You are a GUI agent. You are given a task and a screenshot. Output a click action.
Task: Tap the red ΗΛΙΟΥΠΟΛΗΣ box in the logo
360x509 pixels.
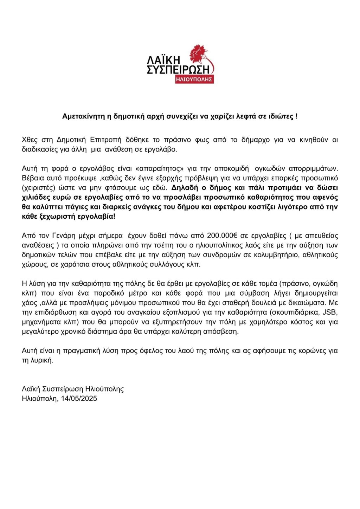pyautogui.click(x=194, y=79)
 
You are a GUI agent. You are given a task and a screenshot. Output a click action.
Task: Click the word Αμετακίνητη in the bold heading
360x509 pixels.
pyautogui.click(x=83, y=116)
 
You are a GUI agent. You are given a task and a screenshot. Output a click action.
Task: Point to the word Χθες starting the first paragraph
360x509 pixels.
pyautogui.click(x=30, y=140)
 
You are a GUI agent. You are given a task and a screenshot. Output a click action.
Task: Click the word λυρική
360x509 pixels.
pyautogui.click(x=42, y=360)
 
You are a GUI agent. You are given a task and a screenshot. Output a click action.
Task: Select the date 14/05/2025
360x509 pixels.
pyautogui.click(x=79, y=398)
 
